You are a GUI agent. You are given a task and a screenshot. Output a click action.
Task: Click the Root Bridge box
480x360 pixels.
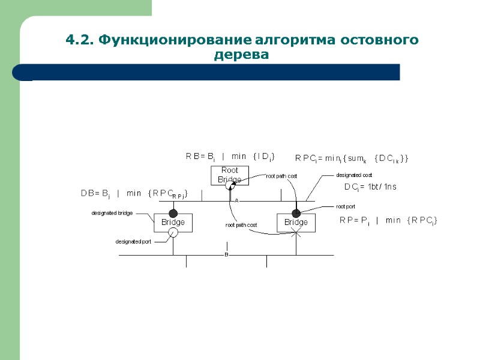[x=229, y=175]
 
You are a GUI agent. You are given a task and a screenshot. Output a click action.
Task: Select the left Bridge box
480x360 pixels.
[x=173, y=222]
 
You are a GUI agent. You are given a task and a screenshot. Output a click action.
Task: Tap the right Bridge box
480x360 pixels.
[x=296, y=222]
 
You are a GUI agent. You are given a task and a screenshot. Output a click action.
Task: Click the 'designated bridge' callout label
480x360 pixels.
[x=112, y=213]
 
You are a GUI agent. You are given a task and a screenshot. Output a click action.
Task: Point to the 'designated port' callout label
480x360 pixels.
[x=133, y=242]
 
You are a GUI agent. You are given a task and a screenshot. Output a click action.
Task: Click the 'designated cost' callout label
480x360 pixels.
[x=354, y=175]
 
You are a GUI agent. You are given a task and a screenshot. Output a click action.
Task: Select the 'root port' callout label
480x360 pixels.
[x=346, y=206]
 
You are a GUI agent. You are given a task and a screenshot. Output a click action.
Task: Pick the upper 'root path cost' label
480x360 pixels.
[x=282, y=176]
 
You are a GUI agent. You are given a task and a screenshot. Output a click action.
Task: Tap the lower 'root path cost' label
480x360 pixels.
[x=241, y=225]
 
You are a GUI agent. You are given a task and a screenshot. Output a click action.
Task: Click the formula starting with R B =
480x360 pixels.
[x=230, y=157]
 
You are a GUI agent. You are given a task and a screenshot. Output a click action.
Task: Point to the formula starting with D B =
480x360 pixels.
[x=135, y=194]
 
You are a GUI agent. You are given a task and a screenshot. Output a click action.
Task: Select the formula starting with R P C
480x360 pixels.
[x=352, y=158]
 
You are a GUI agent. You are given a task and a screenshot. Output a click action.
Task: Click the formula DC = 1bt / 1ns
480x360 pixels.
[x=370, y=187]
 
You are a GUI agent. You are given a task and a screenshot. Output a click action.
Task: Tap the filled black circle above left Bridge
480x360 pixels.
[x=173, y=212]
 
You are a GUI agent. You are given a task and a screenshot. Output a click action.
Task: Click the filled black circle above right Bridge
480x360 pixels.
[x=296, y=213]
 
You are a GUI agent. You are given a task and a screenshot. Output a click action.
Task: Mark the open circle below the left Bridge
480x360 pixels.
[x=173, y=233]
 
